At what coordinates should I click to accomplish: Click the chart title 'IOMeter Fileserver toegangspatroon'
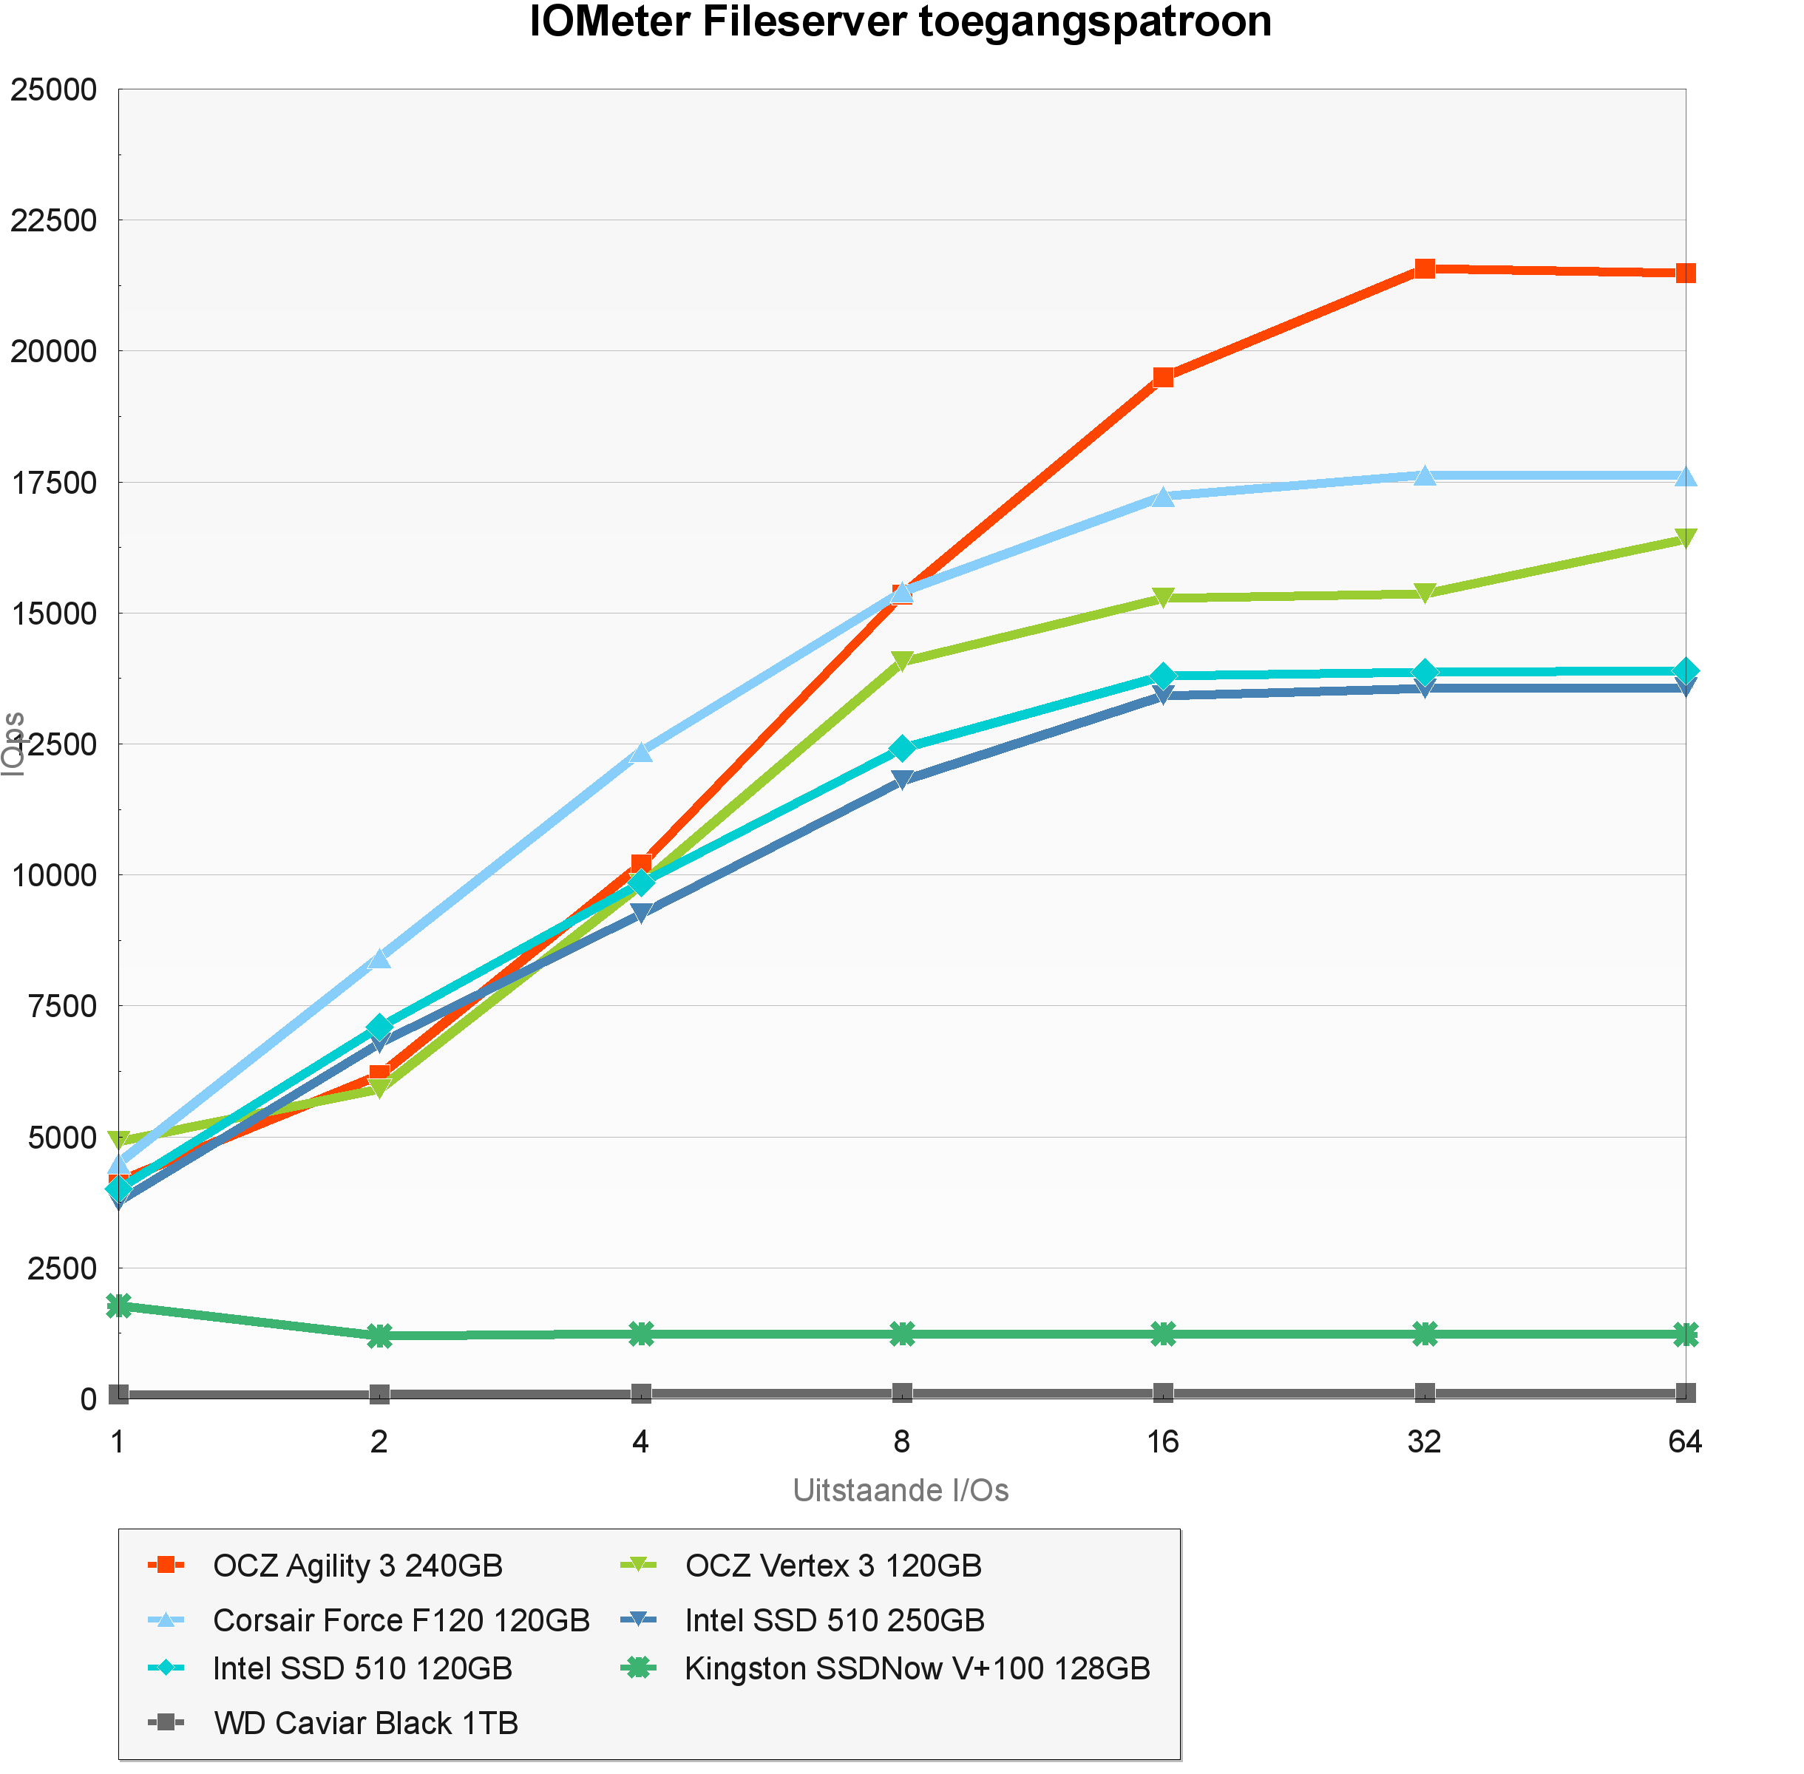pos(900,22)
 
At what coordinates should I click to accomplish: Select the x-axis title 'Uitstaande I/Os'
pos(900,1490)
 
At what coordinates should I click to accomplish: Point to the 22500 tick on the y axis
pos(53,221)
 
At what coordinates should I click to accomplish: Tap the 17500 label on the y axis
pos(53,483)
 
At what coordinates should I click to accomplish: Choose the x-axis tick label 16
pos(1162,1442)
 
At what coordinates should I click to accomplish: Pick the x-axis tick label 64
pos(1685,1442)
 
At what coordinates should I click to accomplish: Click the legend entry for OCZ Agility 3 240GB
pos(358,1566)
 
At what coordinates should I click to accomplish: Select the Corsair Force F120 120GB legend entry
pos(401,1620)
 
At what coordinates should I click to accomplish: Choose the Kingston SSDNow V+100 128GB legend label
pos(917,1668)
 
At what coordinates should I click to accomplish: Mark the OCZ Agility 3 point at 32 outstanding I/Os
pos(1424,269)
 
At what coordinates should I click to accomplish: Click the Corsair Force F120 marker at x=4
pos(641,752)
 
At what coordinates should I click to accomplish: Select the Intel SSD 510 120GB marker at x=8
pos(901,748)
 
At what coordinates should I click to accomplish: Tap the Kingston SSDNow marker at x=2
pos(379,1335)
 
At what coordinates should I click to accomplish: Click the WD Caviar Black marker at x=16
pos(1162,1393)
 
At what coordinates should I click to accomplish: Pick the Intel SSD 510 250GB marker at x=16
pos(1162,695)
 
